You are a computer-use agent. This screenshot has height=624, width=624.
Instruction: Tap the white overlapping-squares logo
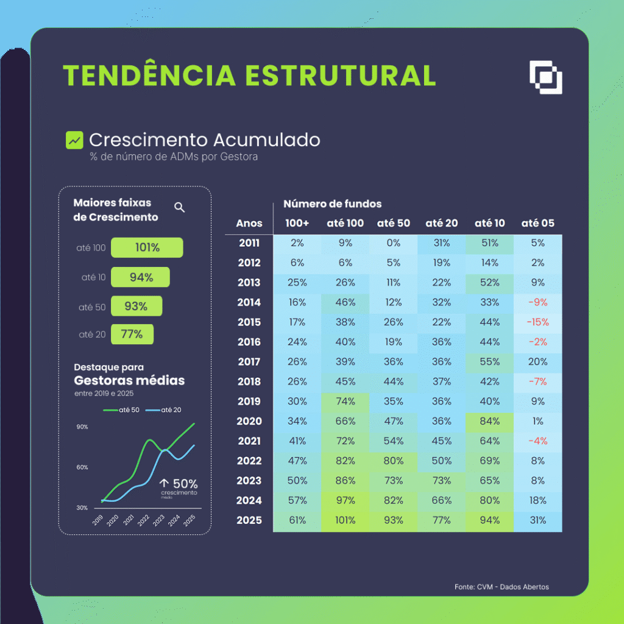[545, 77]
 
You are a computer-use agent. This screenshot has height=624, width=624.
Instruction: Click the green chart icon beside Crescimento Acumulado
[74, 140]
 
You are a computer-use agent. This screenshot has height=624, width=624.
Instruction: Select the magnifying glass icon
[179, 207]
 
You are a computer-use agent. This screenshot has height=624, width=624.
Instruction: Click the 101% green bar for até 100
[147, 248]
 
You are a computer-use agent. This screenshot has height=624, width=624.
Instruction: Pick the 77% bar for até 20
[132, 334]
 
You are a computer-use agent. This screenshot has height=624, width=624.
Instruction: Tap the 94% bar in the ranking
[140, 277]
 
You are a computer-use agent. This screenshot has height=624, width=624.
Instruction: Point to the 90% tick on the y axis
[82, 427]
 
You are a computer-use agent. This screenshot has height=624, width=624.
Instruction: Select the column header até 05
[537, 223]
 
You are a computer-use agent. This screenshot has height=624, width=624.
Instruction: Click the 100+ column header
[297, 223]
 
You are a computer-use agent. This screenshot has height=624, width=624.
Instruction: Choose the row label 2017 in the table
[249, 361]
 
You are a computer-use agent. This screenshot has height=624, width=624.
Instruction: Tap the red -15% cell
[537, 322]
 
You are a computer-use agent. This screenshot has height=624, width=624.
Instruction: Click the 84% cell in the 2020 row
[489, 421]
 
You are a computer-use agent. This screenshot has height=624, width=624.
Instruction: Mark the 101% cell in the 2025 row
[345, 520]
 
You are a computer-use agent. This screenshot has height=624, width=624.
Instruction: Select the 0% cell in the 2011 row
[393, 243]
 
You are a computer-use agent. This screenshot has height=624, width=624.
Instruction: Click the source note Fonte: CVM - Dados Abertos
[501, 587]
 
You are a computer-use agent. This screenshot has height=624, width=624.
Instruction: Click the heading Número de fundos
[332, 204]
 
